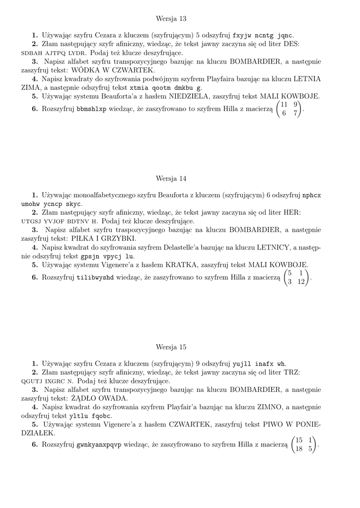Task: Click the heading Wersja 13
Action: point(171,18)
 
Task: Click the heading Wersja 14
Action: point(171,178)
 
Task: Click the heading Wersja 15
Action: point(171,347)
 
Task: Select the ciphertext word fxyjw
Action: point(243,36)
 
